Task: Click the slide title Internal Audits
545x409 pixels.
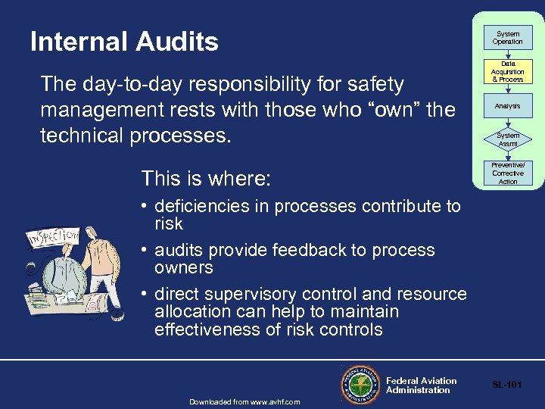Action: click(124, 42)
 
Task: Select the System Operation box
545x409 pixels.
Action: click(508, 38)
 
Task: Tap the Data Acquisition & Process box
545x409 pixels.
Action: click(508, 72)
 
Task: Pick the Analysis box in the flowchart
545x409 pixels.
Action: click(508, 106)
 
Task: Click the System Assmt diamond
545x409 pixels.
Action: click(508, 139)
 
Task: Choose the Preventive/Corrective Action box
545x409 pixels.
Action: click(508, 173)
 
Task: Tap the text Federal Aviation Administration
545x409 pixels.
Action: click(421, 386)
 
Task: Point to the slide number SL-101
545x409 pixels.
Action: click(507, 385)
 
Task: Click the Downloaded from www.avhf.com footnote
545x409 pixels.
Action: click(244, 401)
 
